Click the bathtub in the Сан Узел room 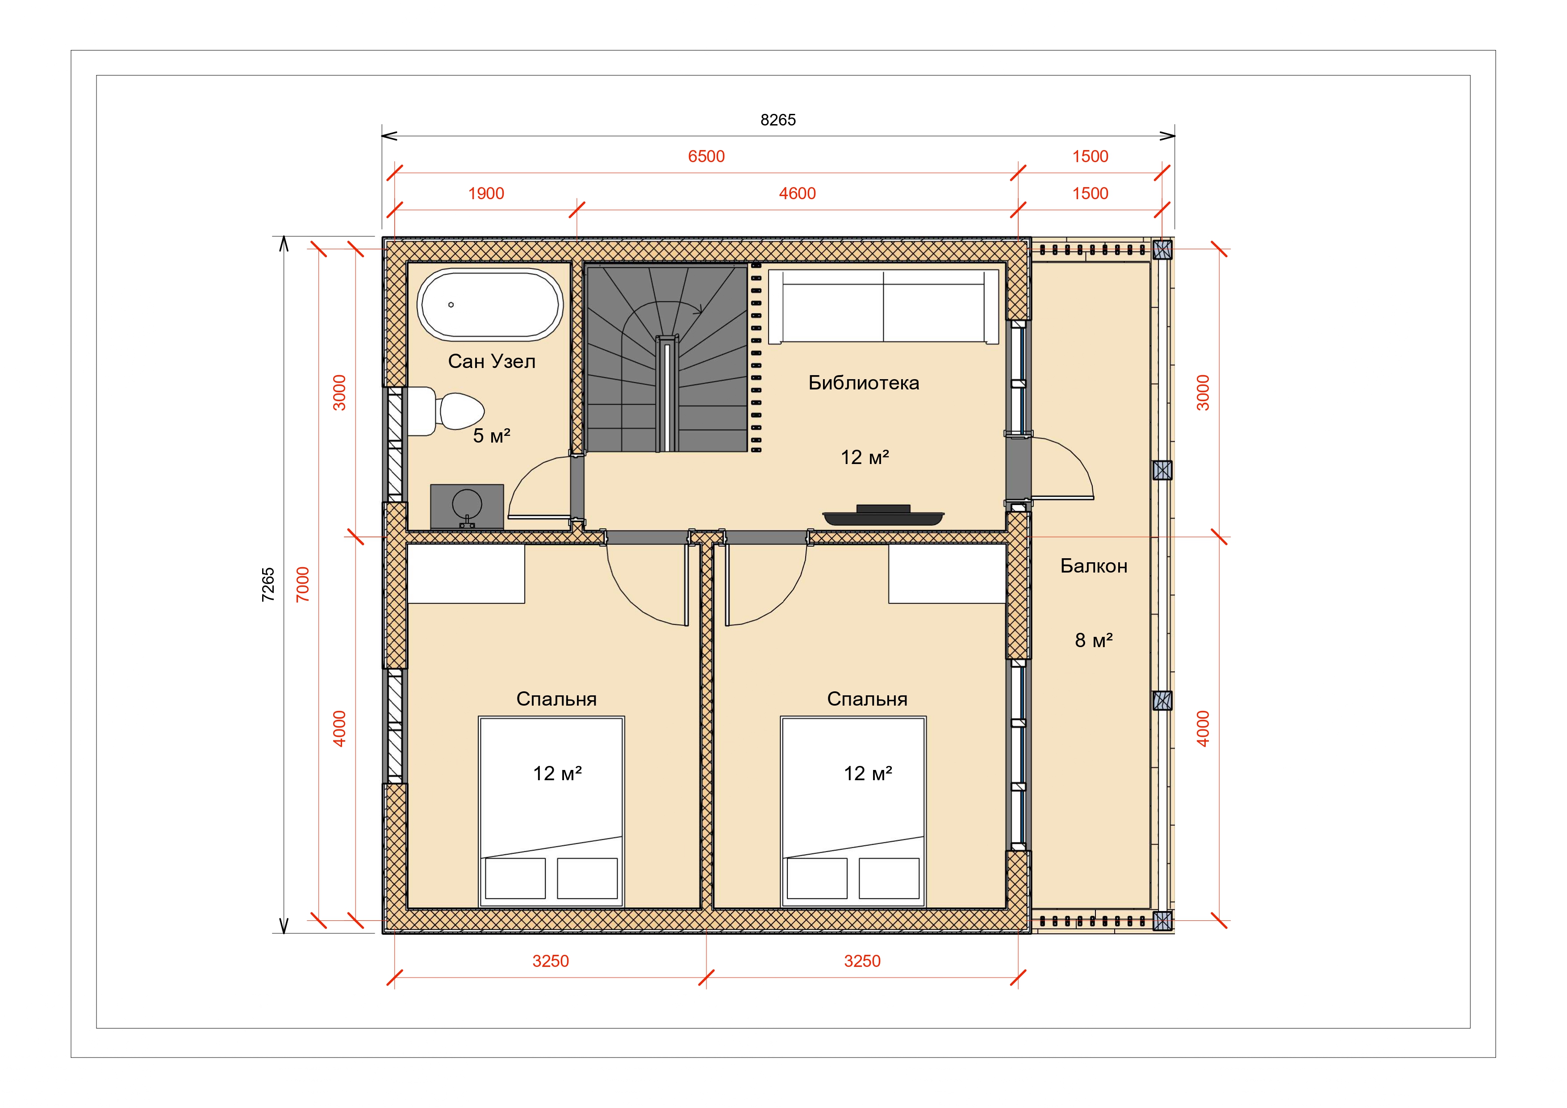(x=490, y=305)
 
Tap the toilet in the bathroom (x=447, y=411)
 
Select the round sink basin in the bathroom (x=467, y=505)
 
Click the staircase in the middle (x=667, y=359)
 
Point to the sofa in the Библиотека (x=884, y=306)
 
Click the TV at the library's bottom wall (x=884, y=515)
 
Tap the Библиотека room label (x=863, y=383)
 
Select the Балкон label (x=1093, y=566)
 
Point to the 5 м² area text (x=491, y=435)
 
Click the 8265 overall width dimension (x=778, y=120)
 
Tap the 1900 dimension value (x=486, y=194)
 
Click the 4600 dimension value (x=797, y=194)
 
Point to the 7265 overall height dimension (x=268, y=585)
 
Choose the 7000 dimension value (x=302, y=585)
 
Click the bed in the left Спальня (x=552, y=812)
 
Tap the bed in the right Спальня (x=853, y=812)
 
